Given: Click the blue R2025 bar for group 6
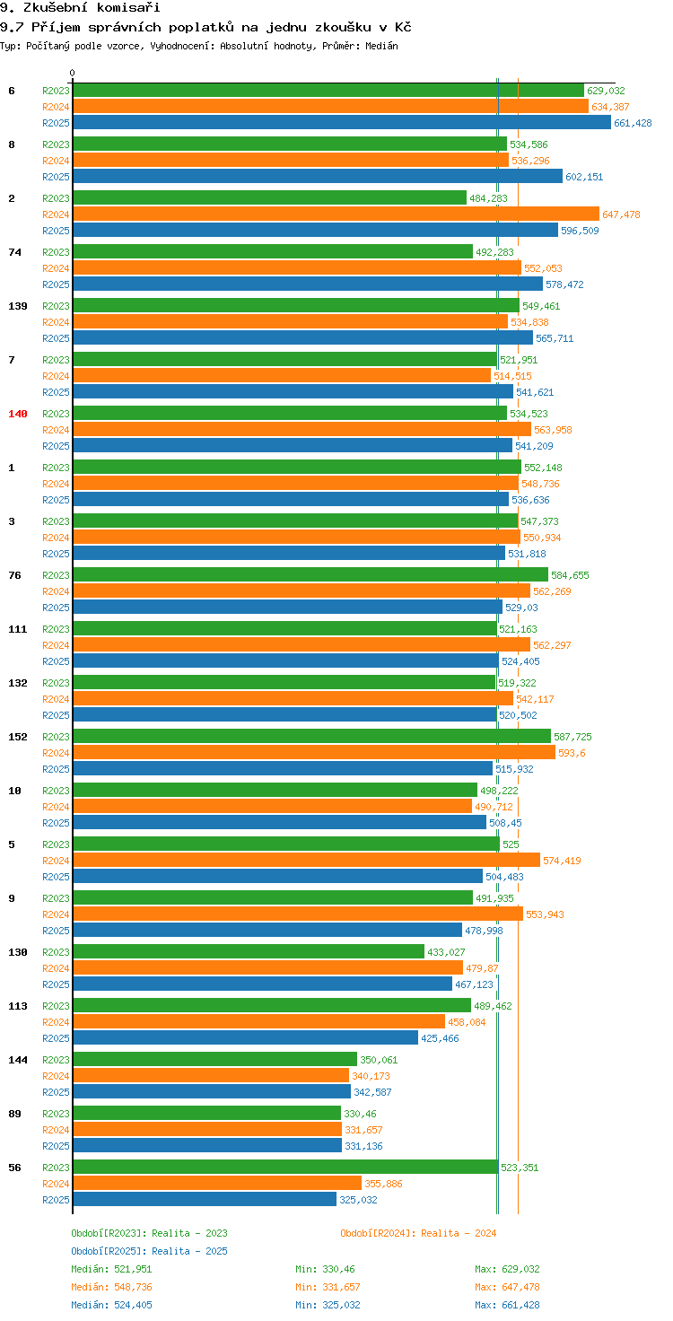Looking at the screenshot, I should [x=341, y=123].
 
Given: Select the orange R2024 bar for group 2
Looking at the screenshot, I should [x=336, y=214].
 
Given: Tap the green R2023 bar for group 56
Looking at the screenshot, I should [x=285, y=1167].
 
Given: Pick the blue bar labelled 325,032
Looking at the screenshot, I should [x=205, y=1199].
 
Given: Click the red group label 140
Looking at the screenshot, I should [x=18, y=414].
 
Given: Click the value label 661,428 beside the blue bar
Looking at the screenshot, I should [x=633, y=123].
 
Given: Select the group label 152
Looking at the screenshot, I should [x=18, y=737].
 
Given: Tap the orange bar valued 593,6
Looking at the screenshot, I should [x=314, y=752].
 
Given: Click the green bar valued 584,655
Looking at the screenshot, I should [x=310, y=574].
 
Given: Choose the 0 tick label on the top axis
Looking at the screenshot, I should [x=73, y=73].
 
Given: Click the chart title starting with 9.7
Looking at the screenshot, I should [x=205, y=27].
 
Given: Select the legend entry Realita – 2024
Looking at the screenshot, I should [x=418, y=1233].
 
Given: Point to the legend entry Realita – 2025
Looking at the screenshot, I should [x=149, y=1251].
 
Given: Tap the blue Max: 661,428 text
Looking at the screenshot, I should [x=507, y=1305].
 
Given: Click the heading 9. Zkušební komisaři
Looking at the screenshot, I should [x=80, y=8].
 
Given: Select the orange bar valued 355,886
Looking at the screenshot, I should [x=217, y=1183].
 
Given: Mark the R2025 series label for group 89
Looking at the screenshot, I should [x=56, y=1146].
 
